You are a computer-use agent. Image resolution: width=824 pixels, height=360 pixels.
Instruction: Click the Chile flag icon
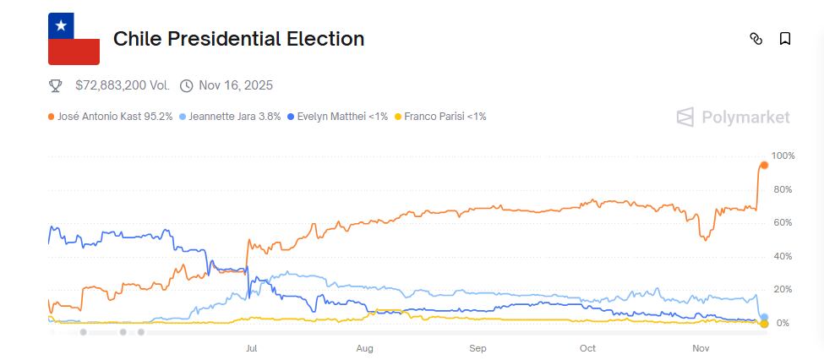pos(74,39)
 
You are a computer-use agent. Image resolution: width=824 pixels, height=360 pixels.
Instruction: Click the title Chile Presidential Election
pos(238,39)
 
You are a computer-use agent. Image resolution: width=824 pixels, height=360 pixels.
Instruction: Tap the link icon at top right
pos(756,39)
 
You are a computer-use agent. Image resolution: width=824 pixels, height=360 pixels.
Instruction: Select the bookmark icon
pos(785,39)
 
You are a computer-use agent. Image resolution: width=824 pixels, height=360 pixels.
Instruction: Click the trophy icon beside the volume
pos(56,85)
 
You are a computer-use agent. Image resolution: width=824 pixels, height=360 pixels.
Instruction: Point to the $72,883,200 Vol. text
pos(122,85)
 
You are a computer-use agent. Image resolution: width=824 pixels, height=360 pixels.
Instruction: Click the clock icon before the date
pos(186,85)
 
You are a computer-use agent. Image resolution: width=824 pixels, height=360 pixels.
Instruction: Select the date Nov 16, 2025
pos(235,85)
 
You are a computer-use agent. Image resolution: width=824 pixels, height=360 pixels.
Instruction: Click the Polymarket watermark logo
pos(734,117)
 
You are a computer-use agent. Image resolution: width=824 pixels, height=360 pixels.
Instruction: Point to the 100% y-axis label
pos(783,156)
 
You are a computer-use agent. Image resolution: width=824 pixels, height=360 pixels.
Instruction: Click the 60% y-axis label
pos(783,223)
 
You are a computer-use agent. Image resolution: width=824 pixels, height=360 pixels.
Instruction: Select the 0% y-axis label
pos(783,324)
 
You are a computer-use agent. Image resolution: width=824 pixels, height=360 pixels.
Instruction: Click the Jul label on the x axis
pos(251,348)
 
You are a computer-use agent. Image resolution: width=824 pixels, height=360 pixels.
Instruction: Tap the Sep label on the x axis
pos(477,348)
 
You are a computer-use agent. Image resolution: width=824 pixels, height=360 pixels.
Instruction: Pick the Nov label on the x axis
pos(701,348)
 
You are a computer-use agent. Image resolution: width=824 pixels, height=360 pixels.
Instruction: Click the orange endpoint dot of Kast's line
pos(764,165)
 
